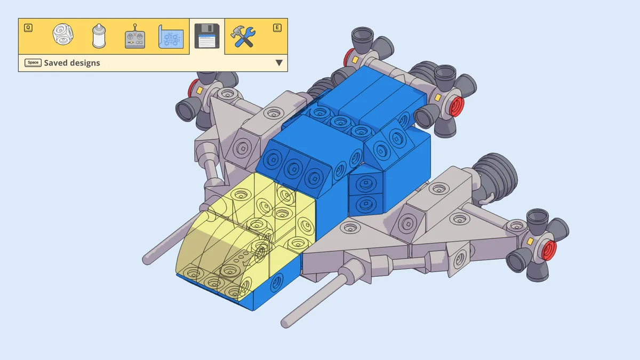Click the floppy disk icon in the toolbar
pyautogui.click(x=206, y=37)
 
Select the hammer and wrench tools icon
pyautogui.click(x=243, y=37)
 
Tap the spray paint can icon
pyautogui.click(x=99, y=36)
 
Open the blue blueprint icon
pyautogui.click(x=171, y=37)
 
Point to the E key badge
pyautogui.click(x=277, y=27)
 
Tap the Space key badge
pyautogui.click(x=33, y=63)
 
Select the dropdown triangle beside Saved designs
pyautogui.click(x=278, y=63)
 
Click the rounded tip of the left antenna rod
pyautogui.click(x=146, y=260)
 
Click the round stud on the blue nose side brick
pyautogui.click(x=276, y=282)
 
